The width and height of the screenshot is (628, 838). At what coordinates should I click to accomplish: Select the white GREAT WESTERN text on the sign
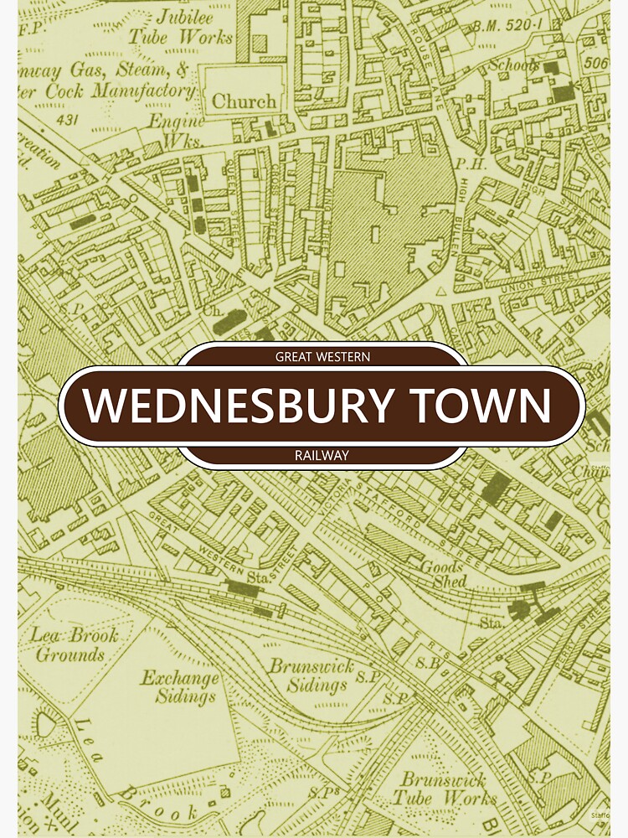[x=322, y=357]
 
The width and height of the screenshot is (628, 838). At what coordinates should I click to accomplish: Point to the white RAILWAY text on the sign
[x=322, y=455]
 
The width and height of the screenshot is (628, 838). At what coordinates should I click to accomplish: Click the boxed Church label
[x=243, y=101]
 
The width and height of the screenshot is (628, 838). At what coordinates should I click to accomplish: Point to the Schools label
[x=514, y=65]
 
